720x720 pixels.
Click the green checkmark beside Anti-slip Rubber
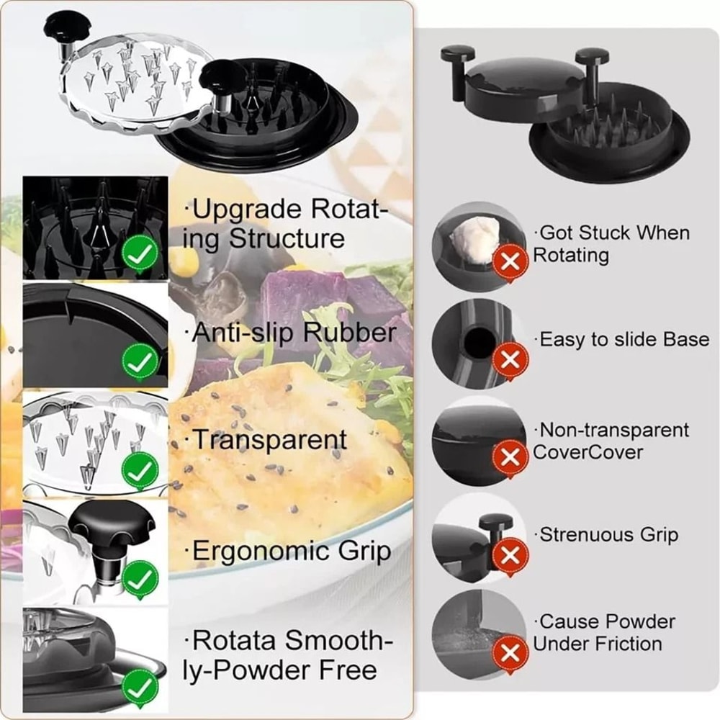140,362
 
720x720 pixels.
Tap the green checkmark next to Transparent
140,472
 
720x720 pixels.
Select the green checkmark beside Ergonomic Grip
140,579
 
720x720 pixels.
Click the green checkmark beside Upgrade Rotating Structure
140,254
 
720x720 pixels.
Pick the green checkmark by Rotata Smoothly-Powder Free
140,687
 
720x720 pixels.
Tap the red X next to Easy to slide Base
510,359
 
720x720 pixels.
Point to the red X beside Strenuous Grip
510,555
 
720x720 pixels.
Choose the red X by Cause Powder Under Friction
510,653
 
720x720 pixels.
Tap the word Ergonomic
251,553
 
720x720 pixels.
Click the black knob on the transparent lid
65,27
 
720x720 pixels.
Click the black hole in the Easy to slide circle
477,343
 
